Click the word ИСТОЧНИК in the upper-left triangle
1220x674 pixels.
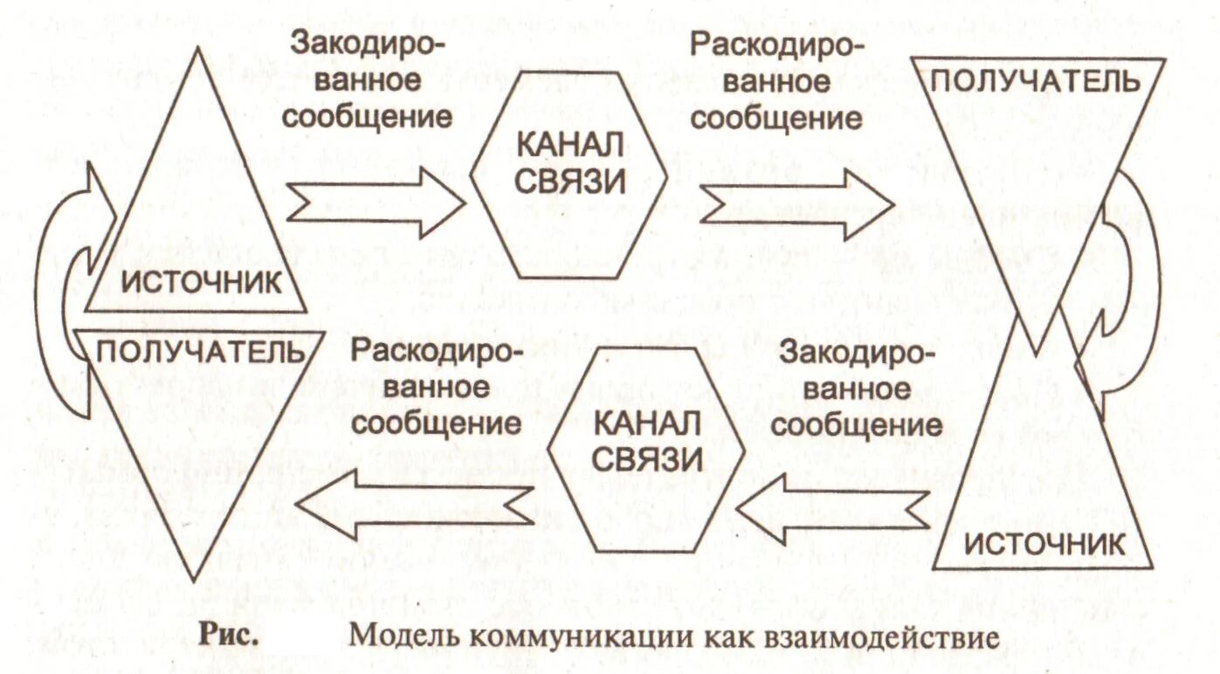[201, 282]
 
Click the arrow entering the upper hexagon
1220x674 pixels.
[375, 203]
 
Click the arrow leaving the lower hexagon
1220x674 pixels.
[415, 504]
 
